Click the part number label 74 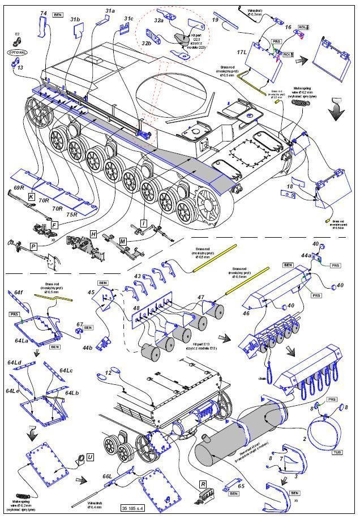pos(44,12)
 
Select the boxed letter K pos(32,196)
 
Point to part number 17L pos(244,52)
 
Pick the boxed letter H pos(93,234)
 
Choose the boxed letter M pos(123,242)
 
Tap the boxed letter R pos(202,484)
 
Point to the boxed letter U pos(91,457)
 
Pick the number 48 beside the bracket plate pos(136,309)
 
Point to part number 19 pos(215,20)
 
